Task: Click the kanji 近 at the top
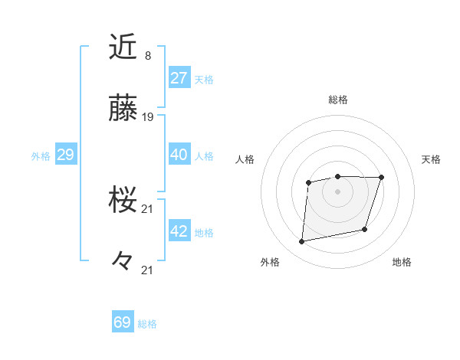tap(123, 47)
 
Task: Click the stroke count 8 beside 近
tap(147, 55)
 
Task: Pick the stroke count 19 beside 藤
tap(148, 117)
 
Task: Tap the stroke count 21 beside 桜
tap(148, 208)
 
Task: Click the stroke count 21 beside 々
tap(148, 270)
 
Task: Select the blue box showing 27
tap(179, 78)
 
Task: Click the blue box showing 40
tap(179, 155)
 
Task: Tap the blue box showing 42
tap(179, 231)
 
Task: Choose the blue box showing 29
tap(65, 155)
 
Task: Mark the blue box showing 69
tap(123, 322)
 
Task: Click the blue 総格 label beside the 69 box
tap(148, 324)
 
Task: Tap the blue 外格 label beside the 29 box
tap(41, 156)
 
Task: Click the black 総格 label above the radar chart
tap(338, 100)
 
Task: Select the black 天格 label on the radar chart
tap(432, 159)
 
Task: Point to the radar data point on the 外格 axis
tap(302, 242)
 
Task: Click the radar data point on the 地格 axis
tap(366, 229)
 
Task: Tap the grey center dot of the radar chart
tap(338, 191)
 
